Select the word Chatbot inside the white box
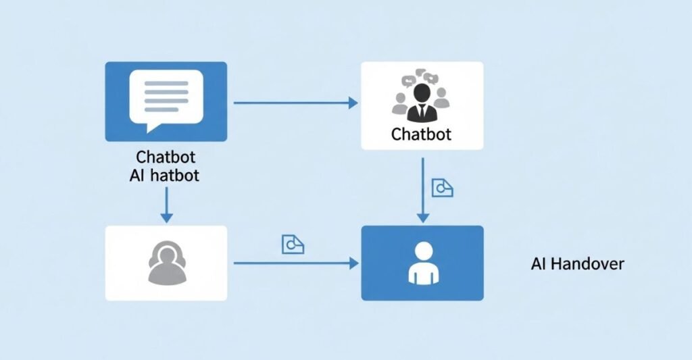tap(421, 134)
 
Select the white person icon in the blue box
tap(422, 263)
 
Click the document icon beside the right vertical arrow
tap(442, 188)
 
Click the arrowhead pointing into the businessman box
tap(352, 103)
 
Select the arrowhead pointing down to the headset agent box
tap(166, 217)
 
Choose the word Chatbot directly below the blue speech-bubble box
tap(166, 157)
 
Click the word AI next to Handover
tap(538, 264)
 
